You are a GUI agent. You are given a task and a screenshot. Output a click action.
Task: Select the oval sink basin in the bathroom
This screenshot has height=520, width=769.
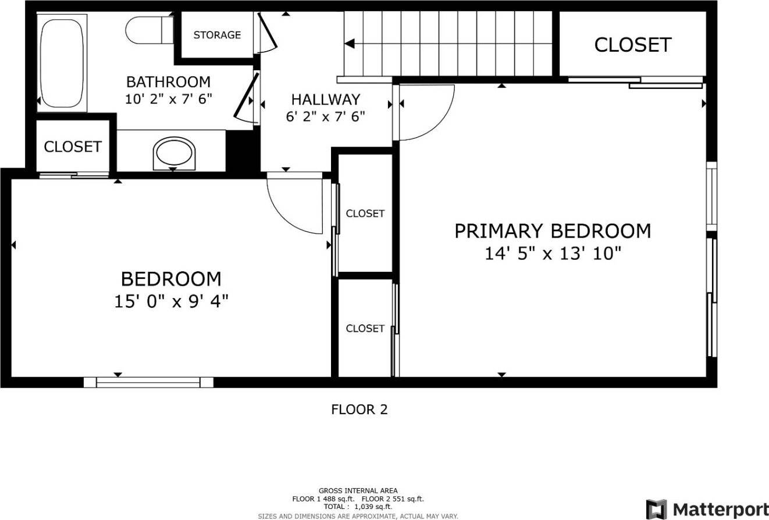coord(173,153)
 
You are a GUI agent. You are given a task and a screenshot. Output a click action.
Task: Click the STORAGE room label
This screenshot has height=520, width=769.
coord(217,35)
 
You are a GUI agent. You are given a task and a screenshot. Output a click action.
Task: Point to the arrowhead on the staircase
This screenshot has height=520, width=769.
coord(349,44)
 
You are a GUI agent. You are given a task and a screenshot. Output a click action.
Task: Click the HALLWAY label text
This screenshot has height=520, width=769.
coord(325,99)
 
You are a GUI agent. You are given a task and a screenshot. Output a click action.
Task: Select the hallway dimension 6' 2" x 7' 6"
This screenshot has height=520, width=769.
coord(325,117)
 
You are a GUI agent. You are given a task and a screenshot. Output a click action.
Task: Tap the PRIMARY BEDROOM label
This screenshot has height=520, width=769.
coord(552,231)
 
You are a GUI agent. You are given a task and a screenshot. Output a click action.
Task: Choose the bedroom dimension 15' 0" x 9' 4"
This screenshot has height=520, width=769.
coord(171,302)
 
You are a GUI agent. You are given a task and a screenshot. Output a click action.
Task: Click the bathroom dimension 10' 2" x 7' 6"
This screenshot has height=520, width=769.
coord(168,99)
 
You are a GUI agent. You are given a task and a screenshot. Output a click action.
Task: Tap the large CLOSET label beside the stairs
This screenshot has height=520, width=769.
coord(632,45)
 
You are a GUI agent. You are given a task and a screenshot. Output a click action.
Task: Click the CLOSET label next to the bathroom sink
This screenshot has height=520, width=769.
coord(73,147)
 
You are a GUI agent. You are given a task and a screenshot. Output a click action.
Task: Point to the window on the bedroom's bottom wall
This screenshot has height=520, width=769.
coord(148,382)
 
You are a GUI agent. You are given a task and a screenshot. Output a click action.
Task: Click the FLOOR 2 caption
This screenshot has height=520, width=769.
coord(359,410)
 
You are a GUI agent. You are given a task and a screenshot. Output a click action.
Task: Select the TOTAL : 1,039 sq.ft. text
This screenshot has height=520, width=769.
coord(358,507)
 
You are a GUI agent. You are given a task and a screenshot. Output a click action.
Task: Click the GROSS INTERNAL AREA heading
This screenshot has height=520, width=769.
coord(358,491)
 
